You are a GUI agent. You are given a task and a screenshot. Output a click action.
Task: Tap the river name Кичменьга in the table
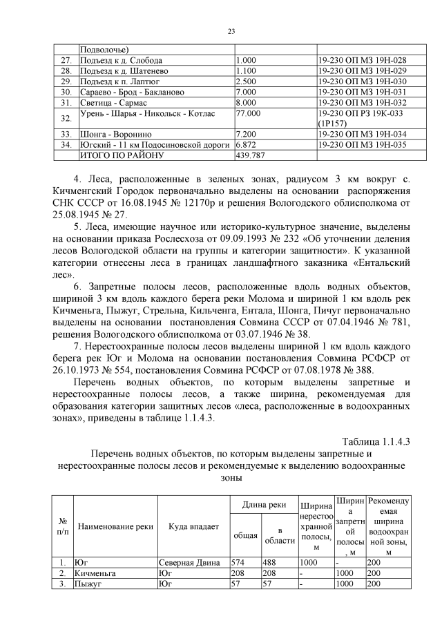pos(97,573)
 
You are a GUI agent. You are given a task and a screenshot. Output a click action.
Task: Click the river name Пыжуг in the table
pos(90,584)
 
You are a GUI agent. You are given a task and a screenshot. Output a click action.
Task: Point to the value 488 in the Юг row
pos(271,563)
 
